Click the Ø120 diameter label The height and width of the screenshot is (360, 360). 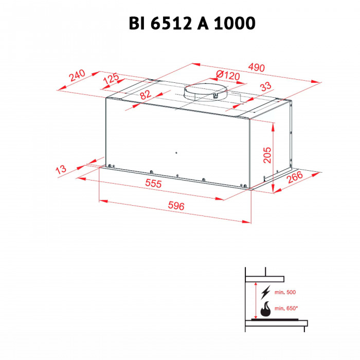[x=228, y=76]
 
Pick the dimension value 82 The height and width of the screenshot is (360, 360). [x=145, y=95]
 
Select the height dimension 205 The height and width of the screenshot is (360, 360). [x=267, y=152]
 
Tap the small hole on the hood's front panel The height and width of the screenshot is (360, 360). [x=175, y=153]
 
